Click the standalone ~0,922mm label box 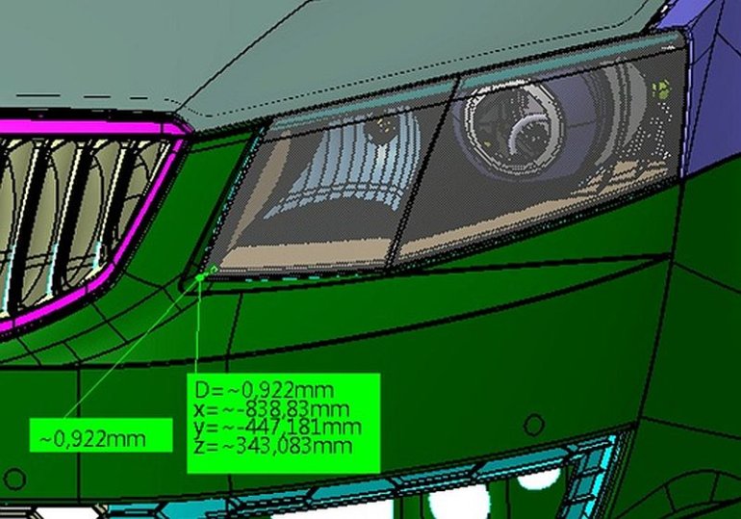point(99,438)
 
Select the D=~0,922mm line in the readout point(265,390)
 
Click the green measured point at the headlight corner point(200,276)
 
